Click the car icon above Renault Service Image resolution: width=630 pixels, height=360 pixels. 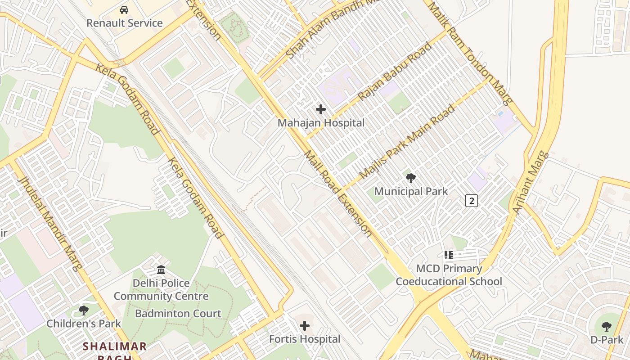coord(124,10)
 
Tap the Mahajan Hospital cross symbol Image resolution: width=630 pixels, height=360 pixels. coord(321,109)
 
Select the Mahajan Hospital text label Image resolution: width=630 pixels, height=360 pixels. coord(321,122)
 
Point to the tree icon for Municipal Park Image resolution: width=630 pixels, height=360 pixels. coord(411,178)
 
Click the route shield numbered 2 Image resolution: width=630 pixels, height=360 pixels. coord(471,201)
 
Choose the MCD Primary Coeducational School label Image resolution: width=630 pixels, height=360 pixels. coord(449,275)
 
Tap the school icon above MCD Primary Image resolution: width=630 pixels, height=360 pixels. coord(449,255)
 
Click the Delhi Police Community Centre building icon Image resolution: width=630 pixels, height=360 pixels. coord(161,270)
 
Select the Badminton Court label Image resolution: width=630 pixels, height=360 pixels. coord(178,314)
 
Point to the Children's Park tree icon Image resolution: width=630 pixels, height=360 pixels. coord(84,310)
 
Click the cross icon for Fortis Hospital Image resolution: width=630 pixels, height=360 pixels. coord(305,325)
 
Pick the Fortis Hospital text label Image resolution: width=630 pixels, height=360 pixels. coord(305,339)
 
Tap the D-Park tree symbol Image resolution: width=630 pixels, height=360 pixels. coord(607,326)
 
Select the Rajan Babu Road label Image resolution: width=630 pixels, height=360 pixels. coord(395,72)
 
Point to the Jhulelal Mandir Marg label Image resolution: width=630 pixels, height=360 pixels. coord(50,223)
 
